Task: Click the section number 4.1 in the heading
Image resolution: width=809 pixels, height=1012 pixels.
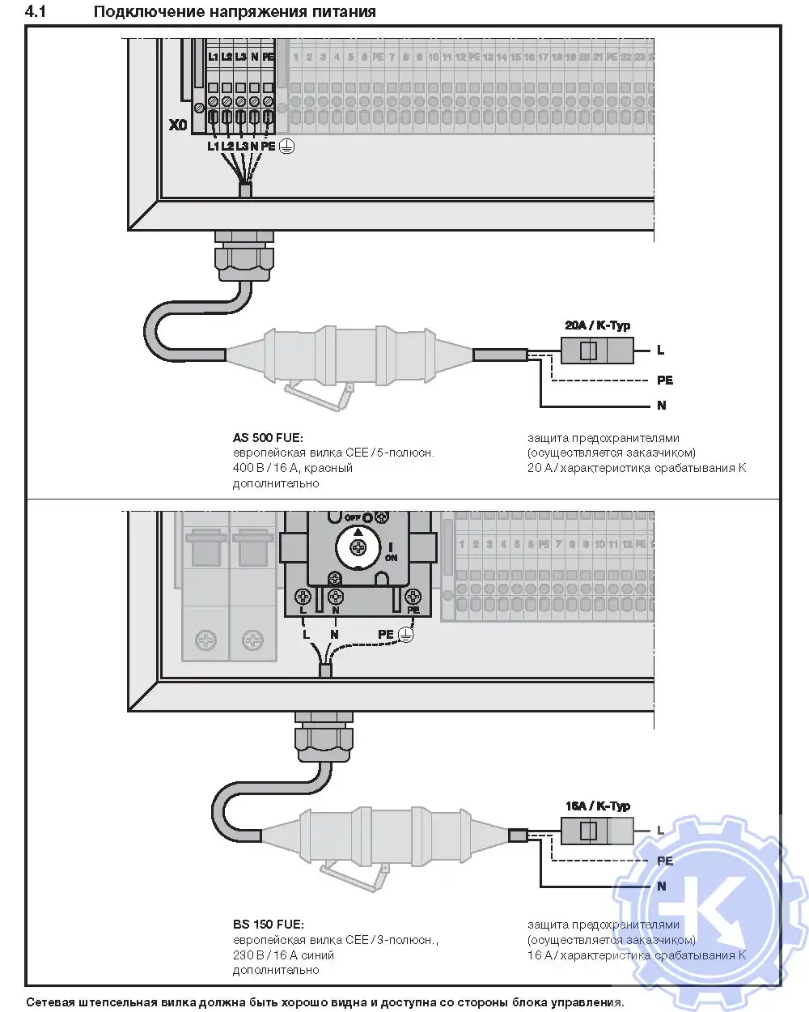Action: coord(36,11)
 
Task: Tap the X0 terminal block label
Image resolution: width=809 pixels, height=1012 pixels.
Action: coord(178,125)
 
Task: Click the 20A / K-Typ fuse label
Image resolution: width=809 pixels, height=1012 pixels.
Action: coord(597,325)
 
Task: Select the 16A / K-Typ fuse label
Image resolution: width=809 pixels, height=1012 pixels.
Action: coord(597,806)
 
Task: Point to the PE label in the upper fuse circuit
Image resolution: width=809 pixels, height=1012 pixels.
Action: coord(664,381)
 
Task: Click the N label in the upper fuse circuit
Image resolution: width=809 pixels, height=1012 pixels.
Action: coord(662,406)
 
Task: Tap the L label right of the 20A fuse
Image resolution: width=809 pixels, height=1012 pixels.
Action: coord(660,351)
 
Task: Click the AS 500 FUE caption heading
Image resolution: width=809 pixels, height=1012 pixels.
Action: coord(268,438)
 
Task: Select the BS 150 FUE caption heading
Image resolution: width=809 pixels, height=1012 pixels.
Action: coord(268,925)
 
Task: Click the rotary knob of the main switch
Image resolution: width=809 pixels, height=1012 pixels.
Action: coord(358,547)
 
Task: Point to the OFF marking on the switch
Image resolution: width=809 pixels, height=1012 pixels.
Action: coord(353,518)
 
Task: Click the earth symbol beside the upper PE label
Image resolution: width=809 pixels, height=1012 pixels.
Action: coord(286,147)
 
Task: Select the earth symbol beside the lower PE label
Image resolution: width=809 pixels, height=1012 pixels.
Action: coord(405,635)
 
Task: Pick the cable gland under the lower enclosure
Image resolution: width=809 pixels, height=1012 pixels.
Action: coord(324,738)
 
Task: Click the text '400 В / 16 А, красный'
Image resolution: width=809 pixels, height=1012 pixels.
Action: coord(293,468)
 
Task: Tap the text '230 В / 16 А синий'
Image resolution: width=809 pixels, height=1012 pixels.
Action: coord(283,955)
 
